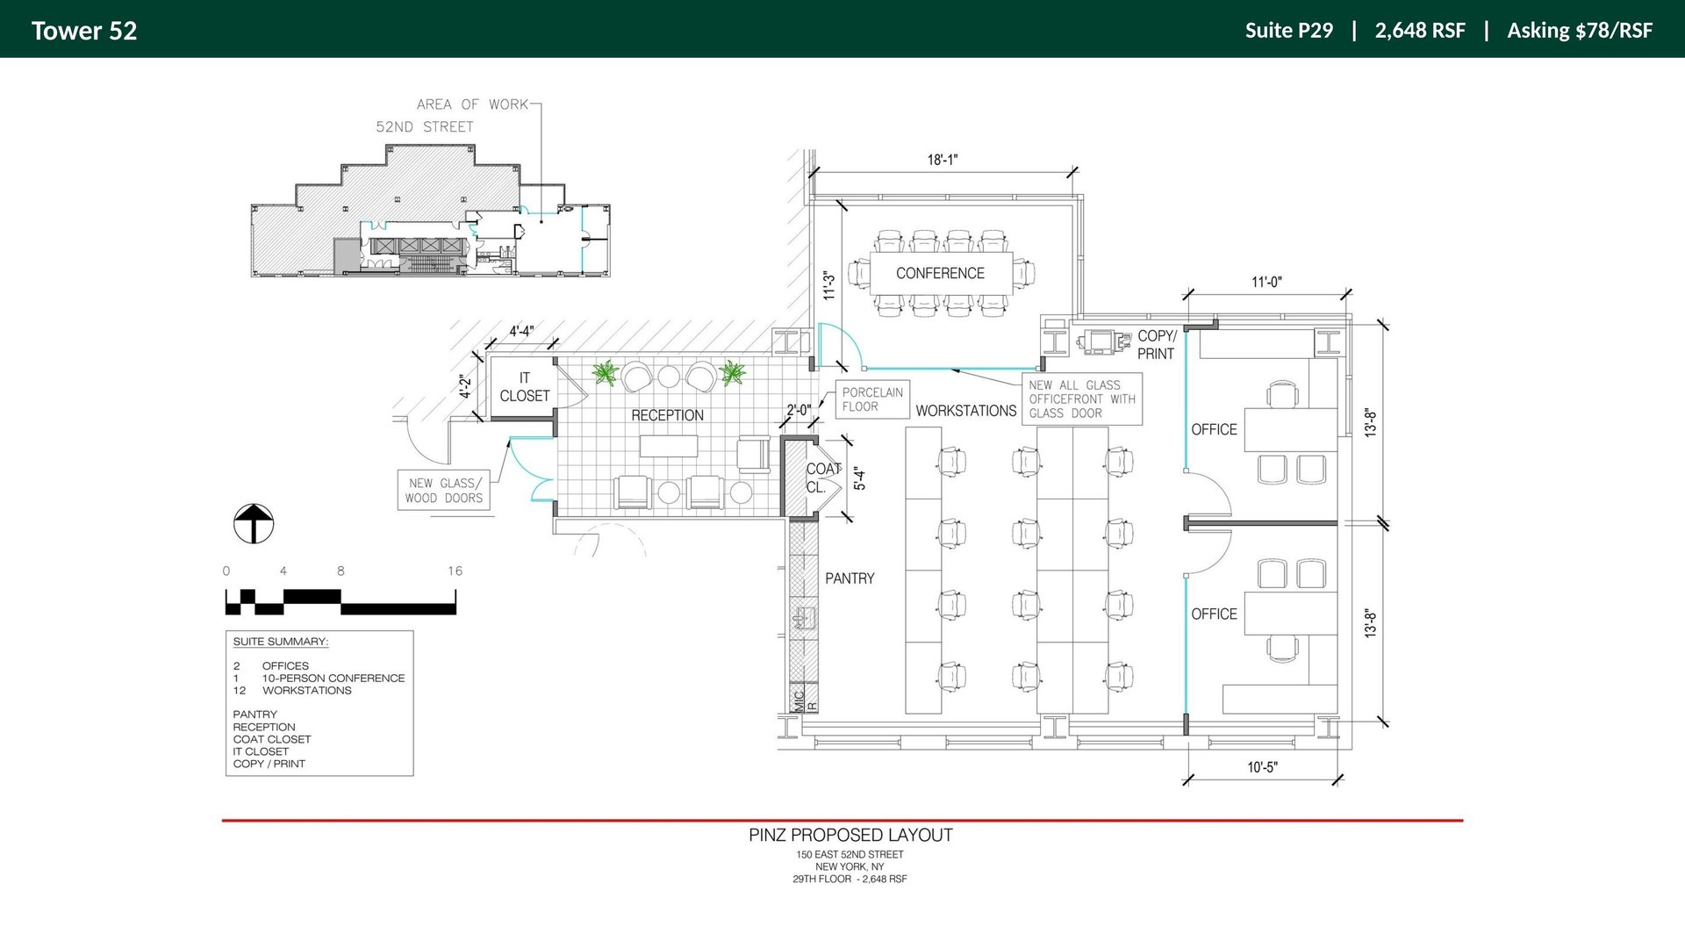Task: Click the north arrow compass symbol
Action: pos(254,524)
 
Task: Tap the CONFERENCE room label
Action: pos(940,273)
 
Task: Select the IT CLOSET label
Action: pos(524,387)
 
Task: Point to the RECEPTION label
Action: pos(667,415)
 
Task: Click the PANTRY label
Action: pos(850,578)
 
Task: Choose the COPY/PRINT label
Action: pos(1157,345)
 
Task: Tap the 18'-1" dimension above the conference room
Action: pos(943,160)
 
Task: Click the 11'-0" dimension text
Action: pos(1266,282)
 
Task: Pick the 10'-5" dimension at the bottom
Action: pos(1262,767)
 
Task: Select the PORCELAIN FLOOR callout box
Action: pos(872,399)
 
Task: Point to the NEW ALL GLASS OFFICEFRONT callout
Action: pos(1082,399)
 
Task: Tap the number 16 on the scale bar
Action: pos(455,571)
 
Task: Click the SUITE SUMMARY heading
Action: pos(281,642)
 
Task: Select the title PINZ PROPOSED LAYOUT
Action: pos(850,835)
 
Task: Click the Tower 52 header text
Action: pos(84,31)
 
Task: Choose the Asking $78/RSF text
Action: pos(1580,31)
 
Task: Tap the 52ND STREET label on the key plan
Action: pos(425,126)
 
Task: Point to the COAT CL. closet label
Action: pos(823,478)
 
